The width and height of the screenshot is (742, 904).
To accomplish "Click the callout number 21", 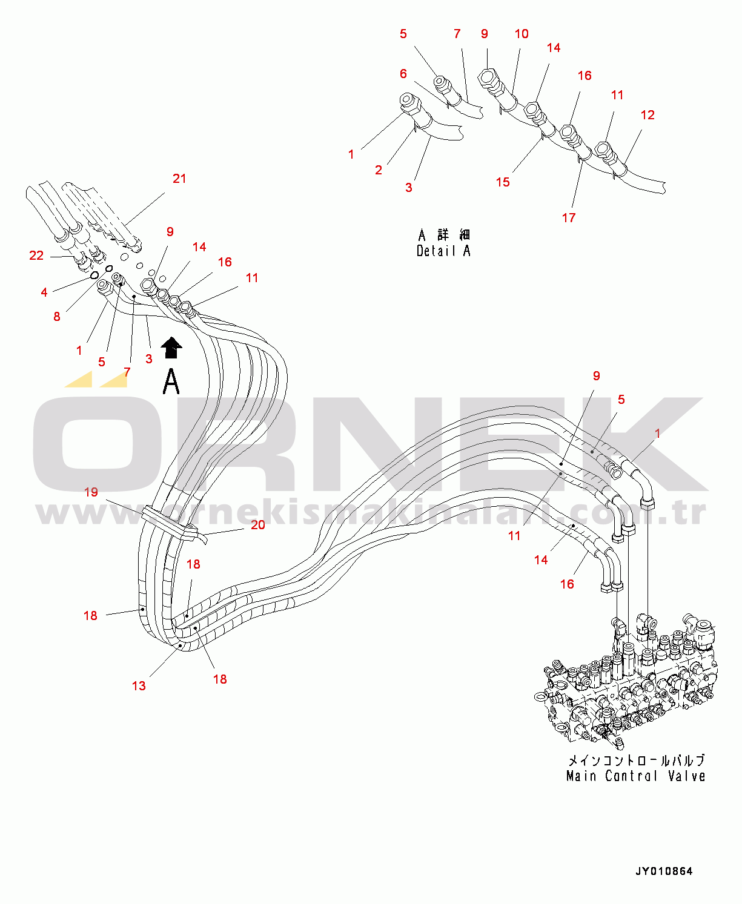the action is (x=179, y=178).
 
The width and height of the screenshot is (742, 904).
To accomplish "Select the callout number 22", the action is (x=36, y=256).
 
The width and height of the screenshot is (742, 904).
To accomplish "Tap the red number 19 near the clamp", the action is (x=91, y=492).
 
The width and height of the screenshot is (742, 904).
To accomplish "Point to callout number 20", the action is (x=258, y=524).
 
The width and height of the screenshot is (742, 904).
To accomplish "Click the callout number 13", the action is (x=139, y=686).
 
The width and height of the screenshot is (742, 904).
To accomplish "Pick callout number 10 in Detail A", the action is (x=522, y=34).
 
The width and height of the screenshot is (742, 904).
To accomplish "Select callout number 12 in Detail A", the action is (x=648, y=115).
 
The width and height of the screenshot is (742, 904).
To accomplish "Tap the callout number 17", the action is (x=569, y=218).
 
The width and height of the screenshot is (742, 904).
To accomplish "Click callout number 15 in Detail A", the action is (x=503, y=182).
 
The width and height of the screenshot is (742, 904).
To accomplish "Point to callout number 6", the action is (x=403, y=74).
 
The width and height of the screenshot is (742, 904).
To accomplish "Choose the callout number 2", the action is (x=379, y=170).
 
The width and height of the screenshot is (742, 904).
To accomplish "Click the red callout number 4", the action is (x=44, y=292).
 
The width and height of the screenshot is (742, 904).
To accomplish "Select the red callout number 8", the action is (x=56, y=317).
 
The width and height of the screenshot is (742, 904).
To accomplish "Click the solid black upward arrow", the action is (x=171, y=347).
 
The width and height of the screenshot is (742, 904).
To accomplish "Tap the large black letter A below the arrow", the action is (x=171, y=381).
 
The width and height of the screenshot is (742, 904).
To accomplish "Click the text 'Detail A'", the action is (x=443, y=251).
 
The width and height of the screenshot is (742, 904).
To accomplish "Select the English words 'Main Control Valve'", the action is (x=635, y=776).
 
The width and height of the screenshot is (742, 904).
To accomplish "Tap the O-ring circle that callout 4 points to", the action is (x=94, y=275).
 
